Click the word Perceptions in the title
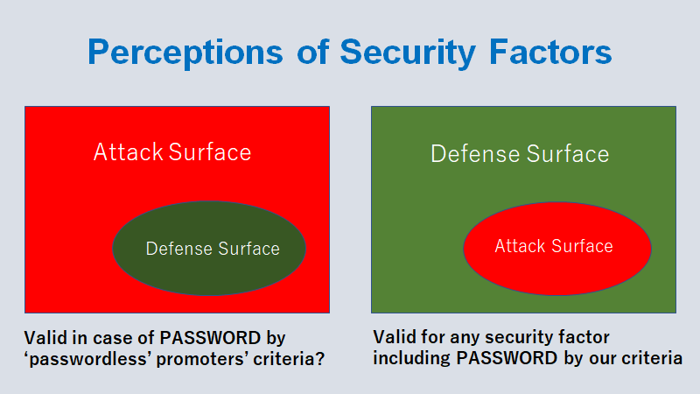pos(185,53)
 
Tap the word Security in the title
pos(408,53)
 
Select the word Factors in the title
pos(550,52)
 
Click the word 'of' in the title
pos(313,52)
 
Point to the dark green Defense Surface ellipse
pos(209,249)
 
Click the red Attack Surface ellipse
pos(557,249)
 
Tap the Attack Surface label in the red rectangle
pos(172,151)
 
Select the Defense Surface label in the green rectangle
pos(520,154)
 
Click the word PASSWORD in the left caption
pos(210,338)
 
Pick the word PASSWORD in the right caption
pos(507,358)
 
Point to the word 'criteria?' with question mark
pos(289,359)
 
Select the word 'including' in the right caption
pos(411,358)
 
